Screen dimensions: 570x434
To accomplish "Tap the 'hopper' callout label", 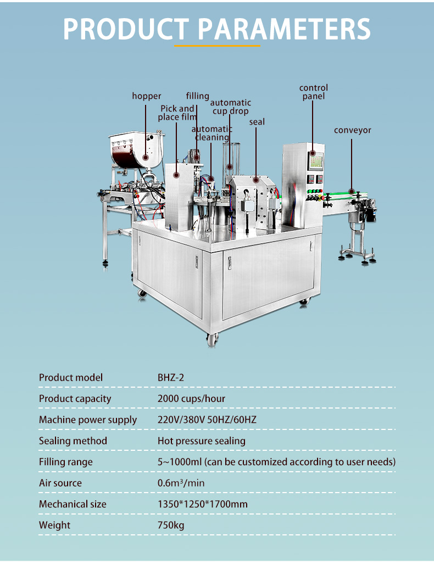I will coord(147,96).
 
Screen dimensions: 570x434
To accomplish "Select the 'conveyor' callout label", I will coord(353,130).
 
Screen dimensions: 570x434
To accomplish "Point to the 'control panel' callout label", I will coord(314,92).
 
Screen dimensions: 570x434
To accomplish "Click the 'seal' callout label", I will coord(257,121).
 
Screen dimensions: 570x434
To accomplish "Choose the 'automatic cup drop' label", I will coord(231,107).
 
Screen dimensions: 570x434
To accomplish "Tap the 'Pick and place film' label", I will coord(178,113).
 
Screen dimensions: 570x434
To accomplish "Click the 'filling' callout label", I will coord(197,96).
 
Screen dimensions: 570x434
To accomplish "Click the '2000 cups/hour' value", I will coord(191,399).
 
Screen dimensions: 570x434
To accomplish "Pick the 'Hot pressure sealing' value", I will coord(202,441).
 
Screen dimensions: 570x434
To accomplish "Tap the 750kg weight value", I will coord(171,526).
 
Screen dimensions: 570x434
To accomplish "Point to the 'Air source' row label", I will coord(60,483).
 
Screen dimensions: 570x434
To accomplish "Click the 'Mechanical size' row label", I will coord(73,504).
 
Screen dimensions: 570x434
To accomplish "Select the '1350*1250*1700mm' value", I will coord(203,504).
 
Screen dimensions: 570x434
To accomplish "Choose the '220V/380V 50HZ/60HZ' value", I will coord(207,420).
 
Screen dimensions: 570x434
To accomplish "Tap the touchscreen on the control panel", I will coord(315,161).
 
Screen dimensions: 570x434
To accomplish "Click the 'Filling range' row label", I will coord(66,462).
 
